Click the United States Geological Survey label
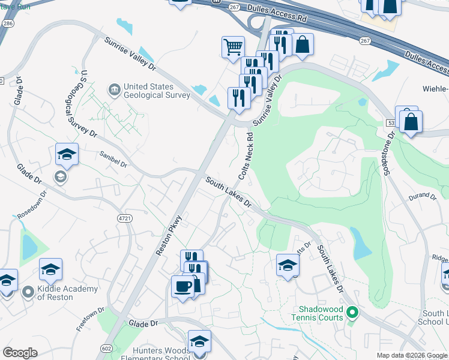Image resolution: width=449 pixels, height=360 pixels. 149,91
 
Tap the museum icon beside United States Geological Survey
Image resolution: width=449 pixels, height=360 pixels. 114,91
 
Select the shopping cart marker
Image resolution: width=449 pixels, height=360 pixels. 233,46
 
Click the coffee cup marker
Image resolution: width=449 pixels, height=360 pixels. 182,286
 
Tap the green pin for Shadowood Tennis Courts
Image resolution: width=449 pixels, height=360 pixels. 352,313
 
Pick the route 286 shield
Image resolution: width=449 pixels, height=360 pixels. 8,23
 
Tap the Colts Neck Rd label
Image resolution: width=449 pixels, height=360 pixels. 246,156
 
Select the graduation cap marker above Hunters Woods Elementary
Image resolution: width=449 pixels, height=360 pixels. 199,341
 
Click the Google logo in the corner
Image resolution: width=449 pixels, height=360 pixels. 20,353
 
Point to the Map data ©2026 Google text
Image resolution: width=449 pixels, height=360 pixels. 411,355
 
